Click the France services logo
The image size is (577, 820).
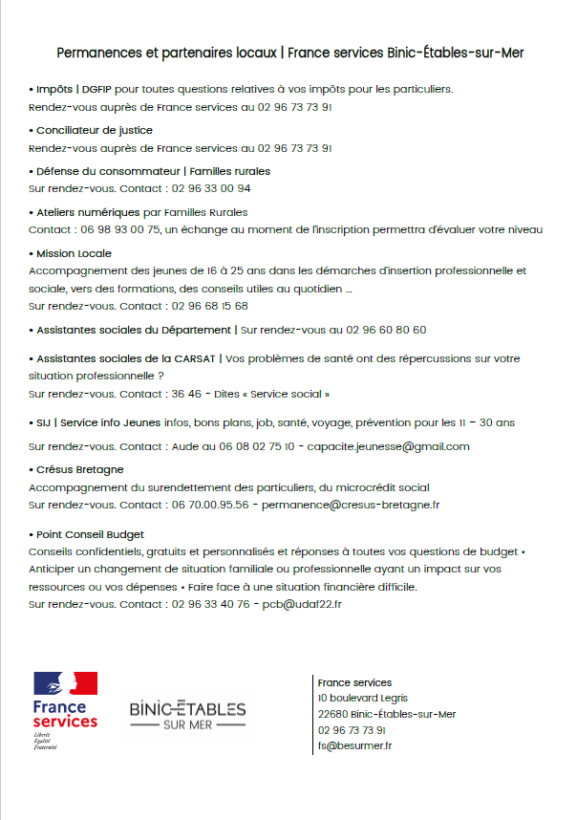[x=65, y=711]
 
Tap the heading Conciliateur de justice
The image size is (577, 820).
[x=94, y=130]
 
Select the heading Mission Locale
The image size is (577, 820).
[x=74, y=253]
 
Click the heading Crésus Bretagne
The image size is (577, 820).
[x=79, y=469]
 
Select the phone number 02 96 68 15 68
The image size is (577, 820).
[x=209, y=306]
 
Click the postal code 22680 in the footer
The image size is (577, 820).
[x=331, y=714]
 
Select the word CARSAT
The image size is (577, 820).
[x=193, y=358]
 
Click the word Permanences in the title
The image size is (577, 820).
[x=98, y=53]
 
